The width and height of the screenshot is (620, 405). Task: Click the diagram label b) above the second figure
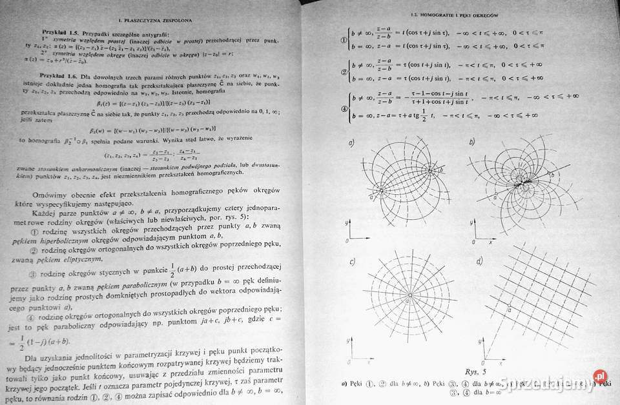click(x=471, y=141)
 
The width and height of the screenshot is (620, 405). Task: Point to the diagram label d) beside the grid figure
click(x=479, y=261)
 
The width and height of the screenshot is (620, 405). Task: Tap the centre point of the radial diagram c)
click(x=409, y=296)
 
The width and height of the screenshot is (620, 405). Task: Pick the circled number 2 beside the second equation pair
click(x=344, y=71)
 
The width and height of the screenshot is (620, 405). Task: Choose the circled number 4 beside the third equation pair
click(x=344, y=107)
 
